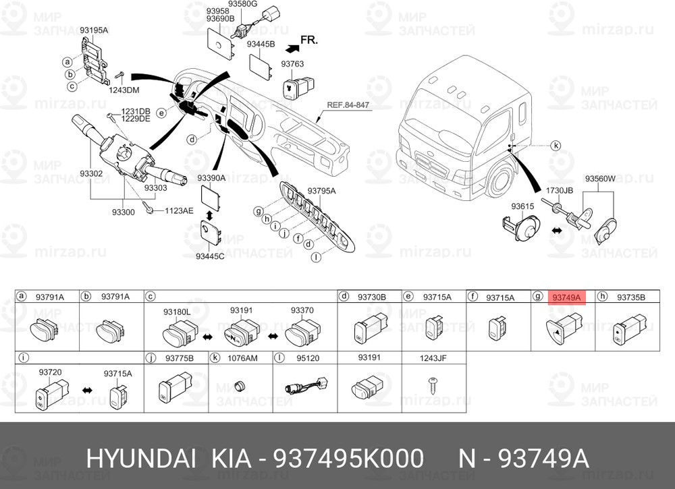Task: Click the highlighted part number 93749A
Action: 566,297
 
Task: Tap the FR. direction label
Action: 308,40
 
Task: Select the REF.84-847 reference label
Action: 348,105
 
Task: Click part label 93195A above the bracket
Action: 94,30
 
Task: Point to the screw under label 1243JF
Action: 433,384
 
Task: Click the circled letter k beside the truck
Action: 556,146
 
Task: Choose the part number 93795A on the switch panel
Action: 321,191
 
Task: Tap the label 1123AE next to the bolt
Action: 179,210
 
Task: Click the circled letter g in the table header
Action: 538,297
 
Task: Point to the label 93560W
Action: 599,179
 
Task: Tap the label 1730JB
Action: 559,190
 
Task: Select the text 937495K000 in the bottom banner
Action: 349,459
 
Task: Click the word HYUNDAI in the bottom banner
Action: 142,459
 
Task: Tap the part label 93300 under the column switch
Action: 123,212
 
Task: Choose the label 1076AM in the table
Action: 242,358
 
